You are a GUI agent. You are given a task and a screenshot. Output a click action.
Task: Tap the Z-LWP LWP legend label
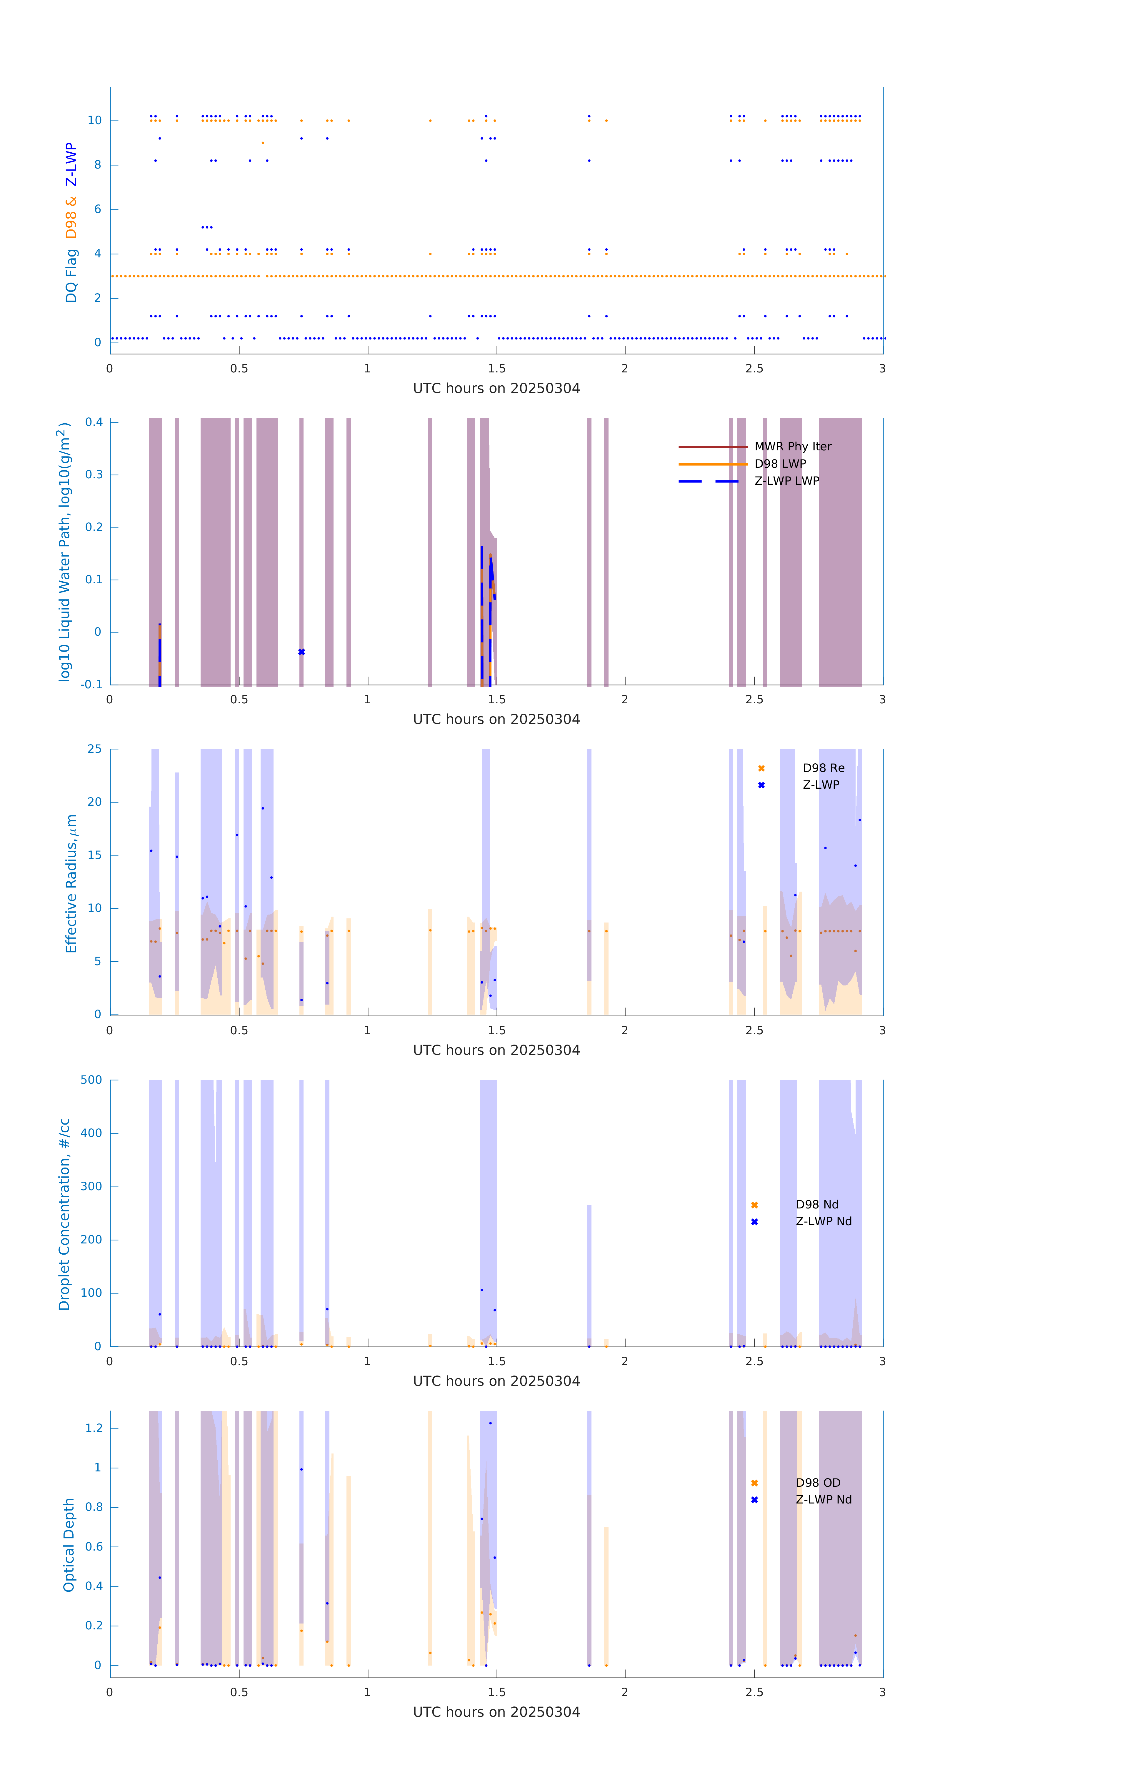786,481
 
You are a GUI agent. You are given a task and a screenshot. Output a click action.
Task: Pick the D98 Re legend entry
823,768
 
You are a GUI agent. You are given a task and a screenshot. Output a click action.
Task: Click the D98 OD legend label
818,1483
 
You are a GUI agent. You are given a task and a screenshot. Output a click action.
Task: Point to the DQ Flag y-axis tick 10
94,120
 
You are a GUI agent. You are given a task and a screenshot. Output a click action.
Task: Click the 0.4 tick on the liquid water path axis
94,422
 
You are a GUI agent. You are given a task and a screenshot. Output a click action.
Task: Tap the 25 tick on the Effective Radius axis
94,749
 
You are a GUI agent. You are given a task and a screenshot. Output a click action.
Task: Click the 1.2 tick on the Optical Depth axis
94,1428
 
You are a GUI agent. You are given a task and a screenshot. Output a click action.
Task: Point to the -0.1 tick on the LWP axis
92,685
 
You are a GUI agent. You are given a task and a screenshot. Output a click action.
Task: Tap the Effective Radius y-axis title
71,883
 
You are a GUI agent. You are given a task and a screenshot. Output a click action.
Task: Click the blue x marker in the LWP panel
301,652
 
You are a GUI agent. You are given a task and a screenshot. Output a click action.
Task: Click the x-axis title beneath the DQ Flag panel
496,389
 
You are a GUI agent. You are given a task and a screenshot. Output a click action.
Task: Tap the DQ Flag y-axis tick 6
97,210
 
